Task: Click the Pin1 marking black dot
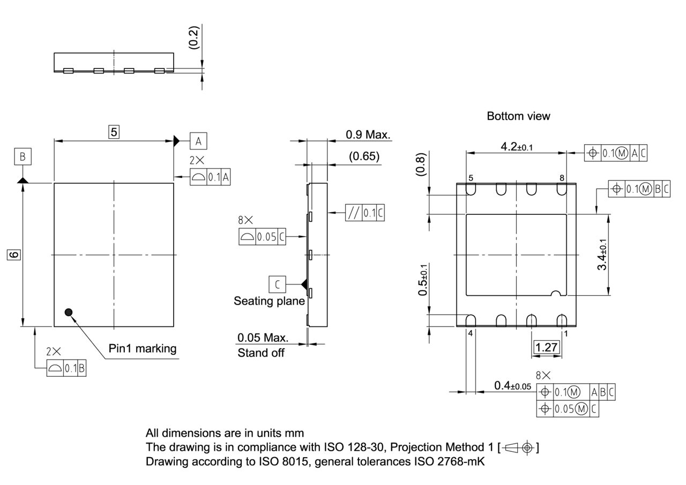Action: point(68,312)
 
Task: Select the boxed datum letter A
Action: point(198,141)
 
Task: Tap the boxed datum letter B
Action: point(23,157)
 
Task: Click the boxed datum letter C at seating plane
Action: point(278,283)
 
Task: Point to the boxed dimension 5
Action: point(114,131)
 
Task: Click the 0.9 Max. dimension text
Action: point(368,135)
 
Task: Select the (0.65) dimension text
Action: point(364,156)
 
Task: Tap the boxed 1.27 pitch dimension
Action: point(546,347)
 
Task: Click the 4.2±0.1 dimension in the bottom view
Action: point(516,146)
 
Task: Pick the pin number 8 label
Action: point(562,178)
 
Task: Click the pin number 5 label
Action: point(471,178)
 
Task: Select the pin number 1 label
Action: point(565,333)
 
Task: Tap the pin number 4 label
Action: point(471,333)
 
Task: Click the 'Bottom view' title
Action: point(518,116)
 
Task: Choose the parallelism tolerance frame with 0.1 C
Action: point(365,213)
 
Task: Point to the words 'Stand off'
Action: point(260,353)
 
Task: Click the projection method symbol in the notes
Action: point(518,447)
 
